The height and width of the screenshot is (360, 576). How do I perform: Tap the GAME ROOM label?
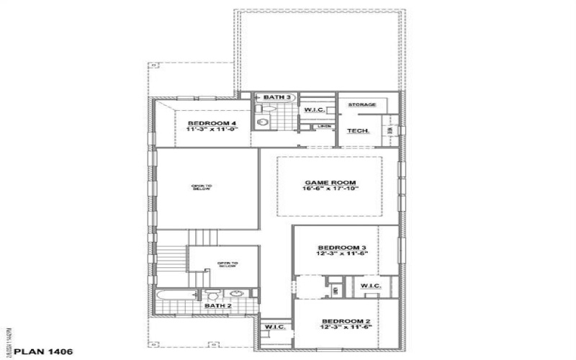[x=330, y=182]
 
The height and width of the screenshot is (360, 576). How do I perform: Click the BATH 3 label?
[x=277, y=96]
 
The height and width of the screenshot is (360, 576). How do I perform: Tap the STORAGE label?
[x=362, y=104]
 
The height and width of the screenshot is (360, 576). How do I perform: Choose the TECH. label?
[x=359, y=131]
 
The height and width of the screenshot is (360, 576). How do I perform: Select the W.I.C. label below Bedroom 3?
[x=371, y=287]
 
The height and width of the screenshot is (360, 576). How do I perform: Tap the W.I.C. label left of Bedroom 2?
[x=275, y=328]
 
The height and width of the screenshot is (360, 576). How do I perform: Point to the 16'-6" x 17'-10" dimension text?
[x=330, y=191]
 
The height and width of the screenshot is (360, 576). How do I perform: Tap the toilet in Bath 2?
[x=213, y=295]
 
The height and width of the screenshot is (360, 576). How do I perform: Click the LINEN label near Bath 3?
[x=324, y=126]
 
